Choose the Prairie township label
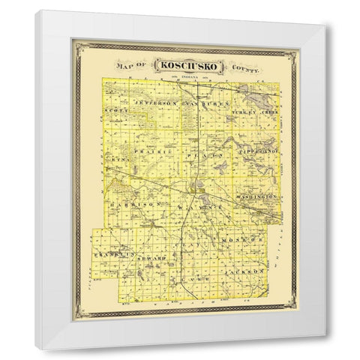(148, 151)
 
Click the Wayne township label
(187, 204)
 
